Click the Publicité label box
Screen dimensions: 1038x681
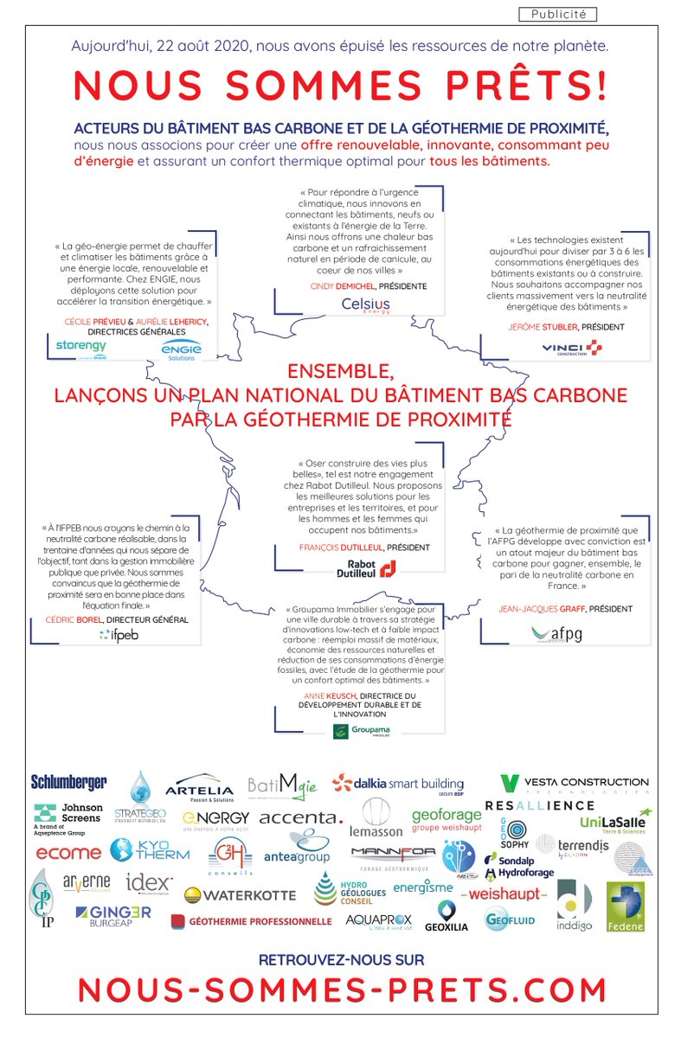pos(558,14)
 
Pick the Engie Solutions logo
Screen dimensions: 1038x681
pos(181,349)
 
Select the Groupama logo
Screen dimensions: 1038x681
pos(362,731)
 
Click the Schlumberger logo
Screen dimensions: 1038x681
pos(69,782)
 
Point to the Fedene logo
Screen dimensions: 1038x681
pos(625,907)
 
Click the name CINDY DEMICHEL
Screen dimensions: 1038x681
pos(341,285)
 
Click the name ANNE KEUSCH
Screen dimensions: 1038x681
pos(327,695)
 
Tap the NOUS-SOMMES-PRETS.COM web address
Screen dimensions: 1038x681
pos(342,989)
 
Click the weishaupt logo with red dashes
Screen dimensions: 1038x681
pos(504,893)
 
